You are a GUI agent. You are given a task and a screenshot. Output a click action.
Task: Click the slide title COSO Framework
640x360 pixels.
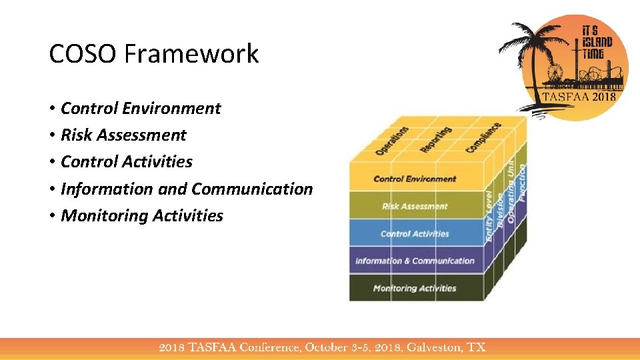(x=154, y=54)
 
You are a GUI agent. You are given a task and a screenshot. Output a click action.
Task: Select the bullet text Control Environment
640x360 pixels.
(x=141, y=108)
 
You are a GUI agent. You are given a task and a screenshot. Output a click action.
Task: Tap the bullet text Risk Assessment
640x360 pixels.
(x=123, y=135)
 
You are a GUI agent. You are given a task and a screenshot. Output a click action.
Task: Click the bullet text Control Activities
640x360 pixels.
(x=127, y=161)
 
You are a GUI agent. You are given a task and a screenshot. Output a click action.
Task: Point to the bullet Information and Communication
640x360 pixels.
(x=187, y=189)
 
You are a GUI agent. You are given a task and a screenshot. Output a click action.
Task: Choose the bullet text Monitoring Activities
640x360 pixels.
(x=142, y=215)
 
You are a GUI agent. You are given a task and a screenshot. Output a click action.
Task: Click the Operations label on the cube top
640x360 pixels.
(x=392, y=141)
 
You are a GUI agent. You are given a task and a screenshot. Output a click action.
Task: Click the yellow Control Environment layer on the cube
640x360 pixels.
(x=415, y=179)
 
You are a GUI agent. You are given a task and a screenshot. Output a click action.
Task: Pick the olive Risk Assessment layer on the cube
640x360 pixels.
(x=415, y=206)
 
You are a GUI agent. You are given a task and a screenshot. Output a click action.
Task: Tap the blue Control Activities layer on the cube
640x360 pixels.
(x=415, y=233)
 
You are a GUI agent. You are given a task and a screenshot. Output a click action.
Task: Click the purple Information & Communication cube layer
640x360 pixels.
(x=415, y=261)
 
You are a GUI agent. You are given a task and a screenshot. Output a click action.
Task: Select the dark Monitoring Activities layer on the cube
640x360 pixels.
(x=415, y=288)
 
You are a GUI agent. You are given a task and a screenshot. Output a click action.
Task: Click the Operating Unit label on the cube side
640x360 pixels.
(x=511, y=193)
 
